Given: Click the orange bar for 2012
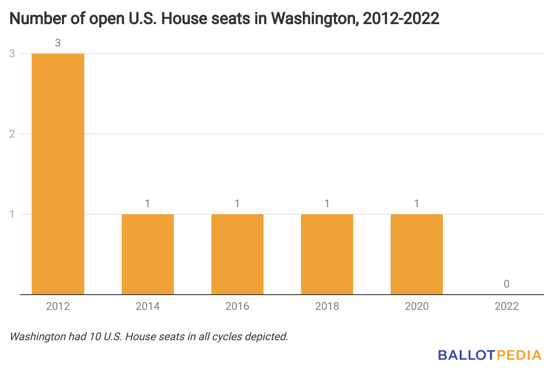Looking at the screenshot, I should pyautogui.click(x=58, y=174).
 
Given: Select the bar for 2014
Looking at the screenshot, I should pyautogui.click(x=148, y=254).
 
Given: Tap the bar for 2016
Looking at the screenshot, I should pyautogui.click(x=237, y=254).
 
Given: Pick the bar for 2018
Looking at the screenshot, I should pyautogui.click(x=327, y=254).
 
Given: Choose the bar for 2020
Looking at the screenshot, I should pyautogui.click(x=417, y=254).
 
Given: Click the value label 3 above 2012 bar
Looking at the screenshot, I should pyautogui.click(x=58, y=43).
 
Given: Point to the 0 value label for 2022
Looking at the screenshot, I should pyautogui.click(x=507, y=284).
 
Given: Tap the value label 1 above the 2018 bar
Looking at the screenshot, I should pyautogui.click(x=327, y=204).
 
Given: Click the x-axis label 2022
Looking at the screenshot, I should pyautogui.click(x=507, y=306).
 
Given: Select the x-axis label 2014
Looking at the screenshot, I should pyautogui.click(x=148, y=306).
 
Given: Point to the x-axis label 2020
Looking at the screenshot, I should pyautogui.click(x=417, y=306).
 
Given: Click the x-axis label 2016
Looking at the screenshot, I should pyautogui.click(x=237, y=306).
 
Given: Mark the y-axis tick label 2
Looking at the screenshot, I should pyautogui.click(x=12, y=134).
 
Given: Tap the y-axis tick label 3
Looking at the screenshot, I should pyautogui.click(x=12, y=54).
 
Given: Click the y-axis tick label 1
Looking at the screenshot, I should pyautogui.click(x=12, y=214).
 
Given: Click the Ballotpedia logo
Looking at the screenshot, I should pyautogui.click(x=489, y=355).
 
